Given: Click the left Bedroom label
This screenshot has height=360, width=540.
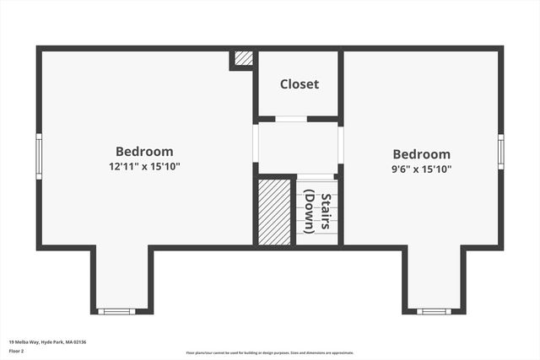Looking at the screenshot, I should click(x=144, y=152).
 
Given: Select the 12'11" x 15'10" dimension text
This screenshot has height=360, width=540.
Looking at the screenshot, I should click(x=144, y=166).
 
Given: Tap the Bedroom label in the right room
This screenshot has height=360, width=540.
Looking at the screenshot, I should click(x=421, y=154).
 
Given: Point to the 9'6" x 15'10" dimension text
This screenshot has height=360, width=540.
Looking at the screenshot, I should click(x=421, y=169).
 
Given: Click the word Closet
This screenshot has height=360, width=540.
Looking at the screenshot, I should click(x=300, y=84).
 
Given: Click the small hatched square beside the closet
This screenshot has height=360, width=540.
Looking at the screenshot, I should click(x=243, y=58).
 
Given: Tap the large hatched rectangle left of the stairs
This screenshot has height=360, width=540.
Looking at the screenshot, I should click(x=273, y=212).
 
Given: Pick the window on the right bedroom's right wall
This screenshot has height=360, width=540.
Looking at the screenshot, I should click(x=500, y=153).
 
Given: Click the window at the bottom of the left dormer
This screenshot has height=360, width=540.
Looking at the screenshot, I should click(x=116, y=311).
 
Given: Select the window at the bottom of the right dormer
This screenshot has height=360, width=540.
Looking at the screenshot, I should click(x=434, y=311).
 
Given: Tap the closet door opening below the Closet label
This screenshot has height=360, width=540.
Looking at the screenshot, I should click(x=291, y=119).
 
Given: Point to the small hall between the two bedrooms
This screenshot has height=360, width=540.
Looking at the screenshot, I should click(x=298, y=148).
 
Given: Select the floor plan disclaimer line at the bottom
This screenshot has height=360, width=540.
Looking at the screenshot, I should click(x=270, y=352).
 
